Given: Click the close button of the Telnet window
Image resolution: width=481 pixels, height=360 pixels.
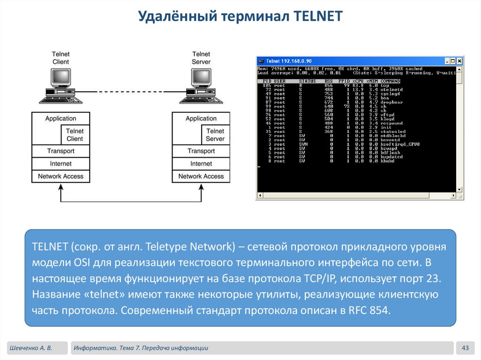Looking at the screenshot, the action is pyautogui.click(x=460, y=61).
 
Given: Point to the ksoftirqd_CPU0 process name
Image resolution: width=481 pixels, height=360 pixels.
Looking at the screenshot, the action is pyautogui.click(x=400, y=144).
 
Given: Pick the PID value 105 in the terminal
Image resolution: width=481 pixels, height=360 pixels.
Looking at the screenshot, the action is pyautogui.click(x=267, y=85).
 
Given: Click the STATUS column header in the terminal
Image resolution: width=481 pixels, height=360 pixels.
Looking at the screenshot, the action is pyautogui.click(x=308, y=81).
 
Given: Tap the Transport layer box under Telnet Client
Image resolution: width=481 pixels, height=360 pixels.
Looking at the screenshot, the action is pyautogui.click(x=61, y=151).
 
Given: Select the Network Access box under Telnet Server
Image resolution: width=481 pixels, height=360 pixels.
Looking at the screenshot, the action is pyautogui.click(x=201, y=176).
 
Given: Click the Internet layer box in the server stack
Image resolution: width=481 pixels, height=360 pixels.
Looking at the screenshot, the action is pyautogui.click(x=201, y=164).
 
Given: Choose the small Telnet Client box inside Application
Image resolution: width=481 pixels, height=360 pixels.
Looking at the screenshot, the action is pyautogui.click(x=75, y=135).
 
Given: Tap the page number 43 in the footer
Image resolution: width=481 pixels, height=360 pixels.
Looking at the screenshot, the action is pyautogui.click(x=466, y=348).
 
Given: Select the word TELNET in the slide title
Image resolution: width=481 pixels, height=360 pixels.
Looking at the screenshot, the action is pyautogui.click(x=318, y=17).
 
